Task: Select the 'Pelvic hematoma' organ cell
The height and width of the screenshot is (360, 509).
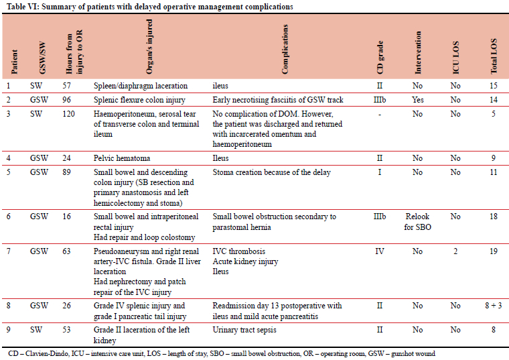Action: click(122, 158)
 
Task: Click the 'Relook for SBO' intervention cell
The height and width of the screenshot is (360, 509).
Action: click(417, 221)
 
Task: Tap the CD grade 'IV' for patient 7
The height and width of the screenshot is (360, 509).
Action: click(380, 251)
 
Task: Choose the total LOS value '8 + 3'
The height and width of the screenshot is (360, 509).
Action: click(494, 306)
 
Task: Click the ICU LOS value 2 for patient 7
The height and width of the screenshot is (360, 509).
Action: click(455, 251)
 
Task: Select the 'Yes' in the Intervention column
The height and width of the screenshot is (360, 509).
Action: click(417, 100)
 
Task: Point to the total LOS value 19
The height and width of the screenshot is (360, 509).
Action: click(494, 251)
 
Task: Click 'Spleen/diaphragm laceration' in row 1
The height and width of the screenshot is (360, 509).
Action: click(141, 86)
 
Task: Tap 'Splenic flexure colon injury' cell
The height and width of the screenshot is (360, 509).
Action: click(140, 100)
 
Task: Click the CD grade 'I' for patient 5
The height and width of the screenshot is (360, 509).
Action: click(380, 172)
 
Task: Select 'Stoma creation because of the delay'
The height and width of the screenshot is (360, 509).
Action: click(271, 172)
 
